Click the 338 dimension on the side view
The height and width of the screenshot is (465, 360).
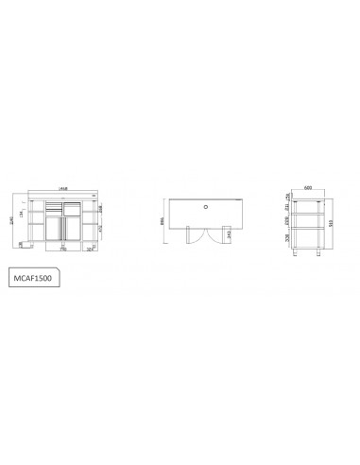(287, 238)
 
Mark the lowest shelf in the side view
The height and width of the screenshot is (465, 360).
(309, 245)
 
